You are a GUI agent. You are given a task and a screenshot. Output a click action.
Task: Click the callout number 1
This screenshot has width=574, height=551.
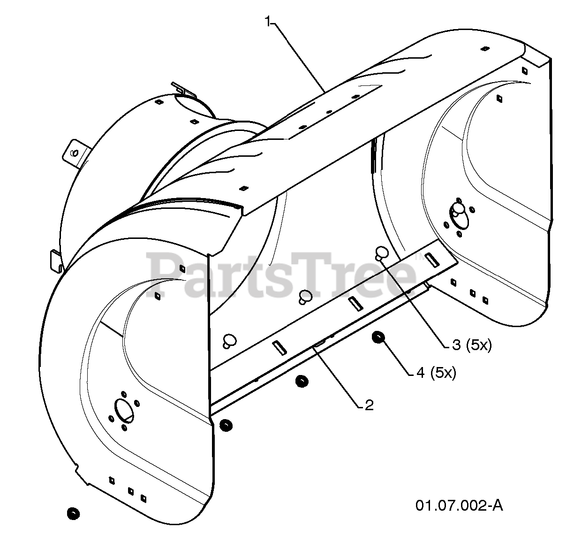tap(268, 22)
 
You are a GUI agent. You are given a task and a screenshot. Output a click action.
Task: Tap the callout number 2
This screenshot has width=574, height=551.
tap(369, 405)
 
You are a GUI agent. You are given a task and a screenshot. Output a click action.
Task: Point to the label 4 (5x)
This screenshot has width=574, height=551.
tap(436, 373)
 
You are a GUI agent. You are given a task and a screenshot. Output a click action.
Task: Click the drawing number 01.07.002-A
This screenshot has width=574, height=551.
tap(459, 505)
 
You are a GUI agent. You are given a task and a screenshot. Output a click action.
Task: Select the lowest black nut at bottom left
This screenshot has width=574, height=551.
tap(72, 513)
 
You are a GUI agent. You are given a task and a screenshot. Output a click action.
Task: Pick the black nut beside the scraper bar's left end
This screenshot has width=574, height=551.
tap(226, 425)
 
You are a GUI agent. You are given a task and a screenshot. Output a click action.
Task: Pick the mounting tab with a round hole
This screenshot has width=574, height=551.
tap(75, 153)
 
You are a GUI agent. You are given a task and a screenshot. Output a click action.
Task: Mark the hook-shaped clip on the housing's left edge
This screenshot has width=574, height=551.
tap(55, 260)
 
